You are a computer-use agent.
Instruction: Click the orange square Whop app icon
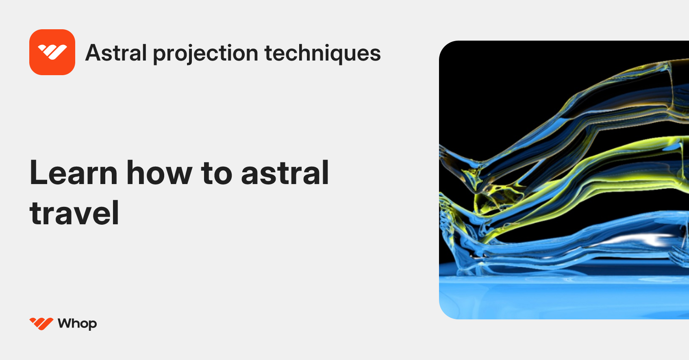pos(52,52)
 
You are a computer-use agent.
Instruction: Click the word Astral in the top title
pos(116,53)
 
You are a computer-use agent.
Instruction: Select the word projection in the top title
pos(205,54)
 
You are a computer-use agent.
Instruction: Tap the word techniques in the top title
pos(323,54)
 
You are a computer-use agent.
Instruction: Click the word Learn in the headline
pos(73,173)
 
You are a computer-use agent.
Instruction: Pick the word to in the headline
pos(217,173)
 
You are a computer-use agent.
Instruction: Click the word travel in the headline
pos(74,213)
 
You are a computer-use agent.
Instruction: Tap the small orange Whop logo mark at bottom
pos(41,324)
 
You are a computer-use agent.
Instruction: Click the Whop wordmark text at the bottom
pos(77,324)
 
